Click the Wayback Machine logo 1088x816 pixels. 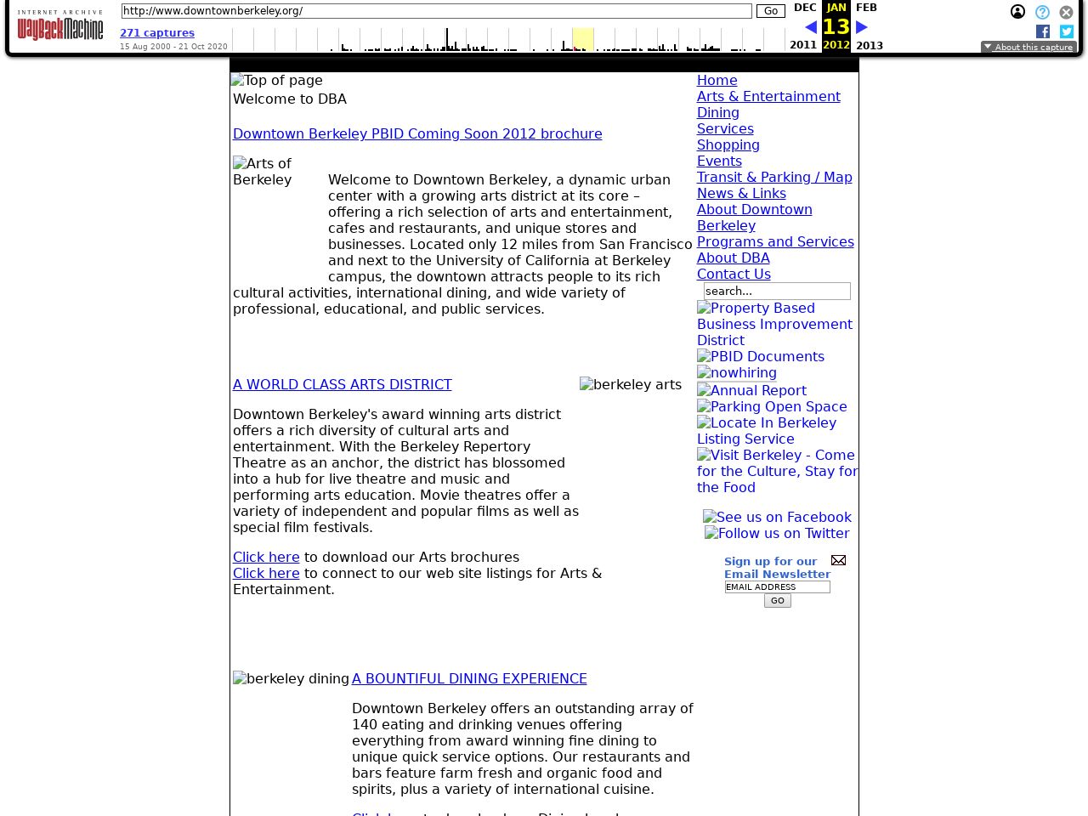[59, 26]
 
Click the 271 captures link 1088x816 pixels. [157, 33]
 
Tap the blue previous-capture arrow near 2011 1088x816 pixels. [811, 27]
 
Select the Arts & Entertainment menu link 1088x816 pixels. [768, 96]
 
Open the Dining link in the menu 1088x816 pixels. [718, 112]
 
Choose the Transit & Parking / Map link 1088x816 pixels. [774, 177]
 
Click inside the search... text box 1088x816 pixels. [777, 291]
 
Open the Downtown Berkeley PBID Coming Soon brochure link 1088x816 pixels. [417, 133]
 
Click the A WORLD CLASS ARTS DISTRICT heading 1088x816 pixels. [343, 384]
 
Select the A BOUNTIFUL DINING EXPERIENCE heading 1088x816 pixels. [469, 678]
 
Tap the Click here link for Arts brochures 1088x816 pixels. [266, 557]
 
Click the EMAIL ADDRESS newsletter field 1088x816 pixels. [777, 586]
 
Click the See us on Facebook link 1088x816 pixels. [777, 517]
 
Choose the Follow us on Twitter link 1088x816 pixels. [777, 533]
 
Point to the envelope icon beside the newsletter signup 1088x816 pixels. [838, 560]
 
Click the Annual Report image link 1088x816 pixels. [751, 390]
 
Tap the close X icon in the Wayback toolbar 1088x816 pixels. [1066, 12]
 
